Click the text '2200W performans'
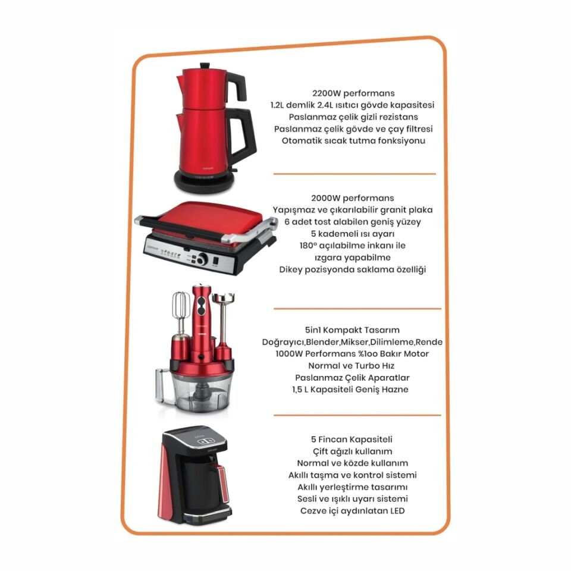(353, 93)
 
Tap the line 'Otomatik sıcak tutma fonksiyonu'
(353, 140)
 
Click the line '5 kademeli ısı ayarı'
(353, 234)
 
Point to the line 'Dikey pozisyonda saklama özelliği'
(353, 269)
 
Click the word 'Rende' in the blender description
(429, 342)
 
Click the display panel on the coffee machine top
(202, 441)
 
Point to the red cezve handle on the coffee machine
(224, 485)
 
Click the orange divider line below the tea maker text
(354, 174)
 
